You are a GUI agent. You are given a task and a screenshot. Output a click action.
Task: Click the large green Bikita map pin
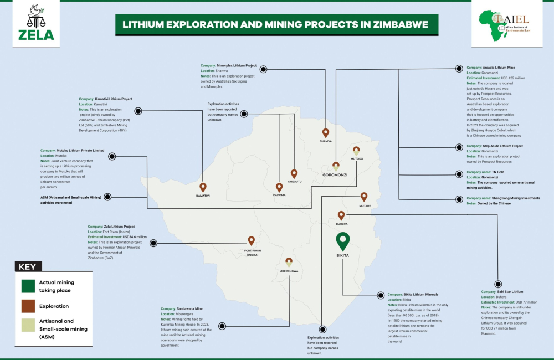[x=343, y=241]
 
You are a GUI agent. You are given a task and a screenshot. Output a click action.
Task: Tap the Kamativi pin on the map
[x=203, y=187]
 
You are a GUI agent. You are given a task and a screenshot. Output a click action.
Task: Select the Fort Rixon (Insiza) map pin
[x=251, y=241]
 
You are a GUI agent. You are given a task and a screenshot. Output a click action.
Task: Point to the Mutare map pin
[x=364, y=196]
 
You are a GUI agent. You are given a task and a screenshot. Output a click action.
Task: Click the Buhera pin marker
[x=341, y=215]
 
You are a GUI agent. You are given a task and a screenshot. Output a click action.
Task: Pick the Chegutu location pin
[x=294, y=173]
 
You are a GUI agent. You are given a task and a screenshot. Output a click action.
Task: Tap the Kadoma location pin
[x=279, y=187]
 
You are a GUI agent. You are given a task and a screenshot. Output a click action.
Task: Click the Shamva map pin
[x=325, y=132]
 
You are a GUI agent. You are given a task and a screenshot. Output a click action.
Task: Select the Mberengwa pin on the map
[x=289, y=261]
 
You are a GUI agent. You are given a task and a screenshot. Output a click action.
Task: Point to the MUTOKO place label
[x=356, y=158]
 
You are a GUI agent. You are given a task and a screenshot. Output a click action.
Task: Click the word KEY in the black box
[x=27, y=266]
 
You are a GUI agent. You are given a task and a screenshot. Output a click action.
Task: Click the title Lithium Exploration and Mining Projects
[x=275, y=25]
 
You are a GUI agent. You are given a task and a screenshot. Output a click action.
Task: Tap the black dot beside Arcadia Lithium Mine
[x=458, y=68]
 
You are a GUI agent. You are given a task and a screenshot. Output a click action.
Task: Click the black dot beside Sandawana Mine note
[x=223, y=326]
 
